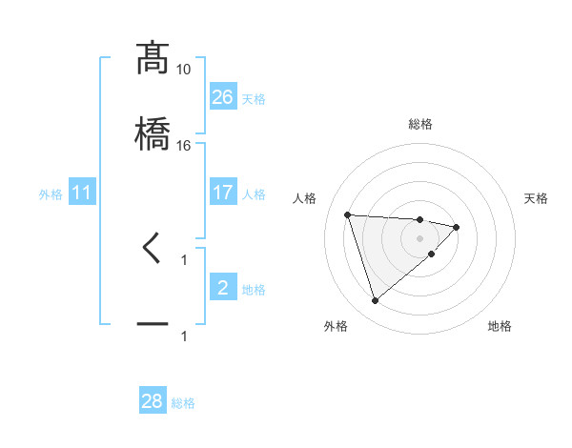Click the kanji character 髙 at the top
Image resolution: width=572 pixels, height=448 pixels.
[x=153, y=58]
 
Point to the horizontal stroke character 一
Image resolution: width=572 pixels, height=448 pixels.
[x=153, y=326]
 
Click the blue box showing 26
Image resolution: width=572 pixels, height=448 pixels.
[x=223, y=96]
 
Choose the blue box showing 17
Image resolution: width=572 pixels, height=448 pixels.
[x=223, y=193]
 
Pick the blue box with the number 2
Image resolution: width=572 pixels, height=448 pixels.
[x=223, y=288]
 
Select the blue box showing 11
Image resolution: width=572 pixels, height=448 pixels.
[x=83, y=193]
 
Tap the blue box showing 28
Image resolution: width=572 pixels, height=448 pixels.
[x=153, y=401]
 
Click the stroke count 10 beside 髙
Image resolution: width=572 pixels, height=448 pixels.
[x=184, y=70]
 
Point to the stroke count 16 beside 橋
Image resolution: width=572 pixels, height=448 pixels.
[x=184, y=146]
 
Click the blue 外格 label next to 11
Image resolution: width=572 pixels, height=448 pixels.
[x=51, y=194]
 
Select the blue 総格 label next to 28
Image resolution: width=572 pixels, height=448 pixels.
[x=184, y=403]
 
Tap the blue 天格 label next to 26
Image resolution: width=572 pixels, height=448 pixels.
[x=254, y=98]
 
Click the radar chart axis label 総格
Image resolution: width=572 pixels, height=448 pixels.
[x=420, y=124]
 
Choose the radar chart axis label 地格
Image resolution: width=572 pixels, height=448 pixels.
[x=500, y=326]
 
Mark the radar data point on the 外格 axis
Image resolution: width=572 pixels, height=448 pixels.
[x=376, y=300]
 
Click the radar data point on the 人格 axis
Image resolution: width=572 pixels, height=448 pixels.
[x=348, y=214]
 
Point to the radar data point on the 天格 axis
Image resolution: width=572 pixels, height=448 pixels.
[x=457, y=227]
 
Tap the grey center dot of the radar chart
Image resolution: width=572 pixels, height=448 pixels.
[x=420, y=238]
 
